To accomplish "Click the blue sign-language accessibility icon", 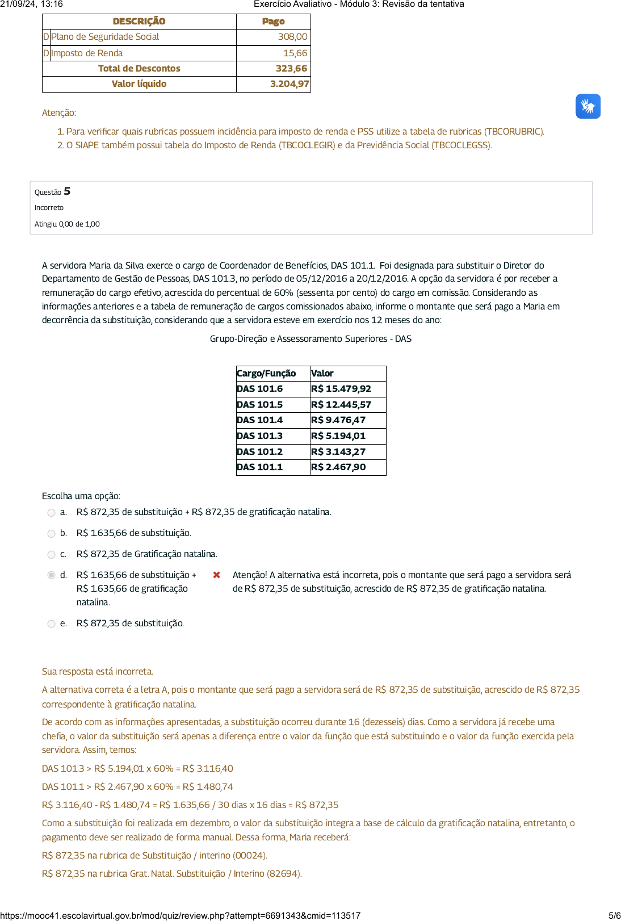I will point(588,106).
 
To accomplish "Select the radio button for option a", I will point(52,513).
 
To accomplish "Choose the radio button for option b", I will point(52,534).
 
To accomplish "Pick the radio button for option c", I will point(52,555).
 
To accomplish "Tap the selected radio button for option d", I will point(52,575).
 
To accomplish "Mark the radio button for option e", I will point(52,624).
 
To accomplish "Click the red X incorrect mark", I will point(216,575).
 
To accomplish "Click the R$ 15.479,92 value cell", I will point(341,389).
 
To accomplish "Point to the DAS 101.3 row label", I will point(259,436).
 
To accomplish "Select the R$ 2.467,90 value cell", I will point(338,467).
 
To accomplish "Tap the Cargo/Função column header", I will point(266,374).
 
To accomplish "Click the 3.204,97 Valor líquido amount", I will point(289,84).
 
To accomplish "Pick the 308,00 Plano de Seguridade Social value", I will point(292,37).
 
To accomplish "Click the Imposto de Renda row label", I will point(87,53).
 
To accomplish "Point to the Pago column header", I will point(273,22).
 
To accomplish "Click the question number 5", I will point(67,191).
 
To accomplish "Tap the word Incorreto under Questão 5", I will point(49,208).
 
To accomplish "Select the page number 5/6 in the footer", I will point(614,915).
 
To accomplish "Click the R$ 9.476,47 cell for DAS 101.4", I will point(338,420).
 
